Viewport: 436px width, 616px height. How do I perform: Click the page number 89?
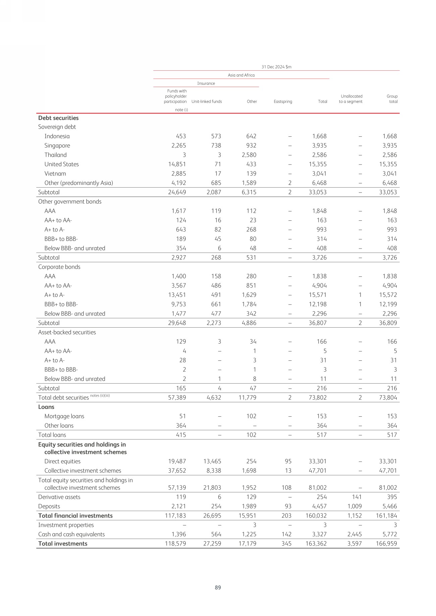pyautogui.click(x=218, y=587)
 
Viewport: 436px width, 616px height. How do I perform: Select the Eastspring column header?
pyautogui.click(x=283, y=101)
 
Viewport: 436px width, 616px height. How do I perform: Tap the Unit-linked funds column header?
pyautogui.click(x=207, y=101)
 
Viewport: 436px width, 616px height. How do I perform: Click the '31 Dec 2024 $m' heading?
pyautogui.click(x=276, y=67)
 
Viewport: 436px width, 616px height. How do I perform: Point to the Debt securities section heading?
pyautogui.click(x=58, y=118)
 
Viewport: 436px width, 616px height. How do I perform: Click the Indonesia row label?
pyautogui.click(x=57, y=136)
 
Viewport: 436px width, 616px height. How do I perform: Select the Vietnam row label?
pyautogui.click(x=55, y=174)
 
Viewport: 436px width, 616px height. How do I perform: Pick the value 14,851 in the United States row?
pyautogui.click(x=177, y=164)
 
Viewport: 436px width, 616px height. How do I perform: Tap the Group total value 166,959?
pyautogui.click(x=386, y=544)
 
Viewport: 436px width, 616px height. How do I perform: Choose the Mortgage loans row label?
pyautogui.click(x=64, y=416)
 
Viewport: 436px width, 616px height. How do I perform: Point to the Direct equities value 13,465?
pyautogui.click(x=212, y=461)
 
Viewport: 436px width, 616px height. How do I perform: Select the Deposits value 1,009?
pyautogui.click(x=354, y=506)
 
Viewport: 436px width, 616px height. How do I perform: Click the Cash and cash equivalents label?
pyautogui.click(x=71, y=534)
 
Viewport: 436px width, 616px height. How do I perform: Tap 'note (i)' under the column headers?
pyautogui.click(x=181, y=110)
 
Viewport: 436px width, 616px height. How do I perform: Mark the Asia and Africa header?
pyautogui.click(x=241, y=75)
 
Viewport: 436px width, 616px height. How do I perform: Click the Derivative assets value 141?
pyautogui.click(x=357, y=497)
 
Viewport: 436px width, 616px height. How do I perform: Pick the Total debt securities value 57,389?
pyautogui.click(x=177, y=398)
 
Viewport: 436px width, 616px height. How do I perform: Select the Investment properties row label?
pyautogui.click(x=66, y=525)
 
